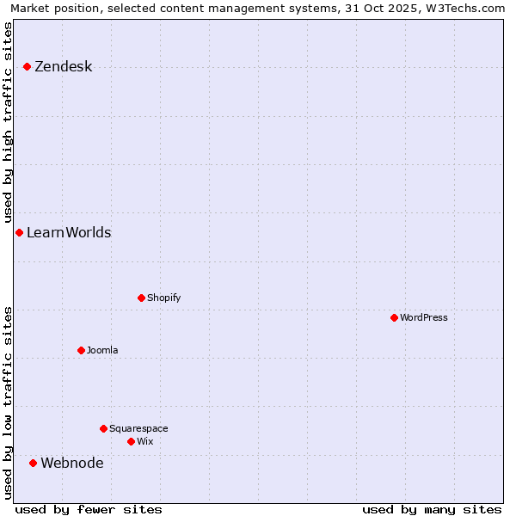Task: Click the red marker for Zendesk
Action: (28, 66)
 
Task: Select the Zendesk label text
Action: (63, 67)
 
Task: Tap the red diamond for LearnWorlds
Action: (19, 232)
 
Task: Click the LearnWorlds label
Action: (69, 233)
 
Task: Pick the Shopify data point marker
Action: (141, 298)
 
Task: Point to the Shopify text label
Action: (163, 298)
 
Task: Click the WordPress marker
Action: (394, 317)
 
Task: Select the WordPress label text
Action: (423, 317)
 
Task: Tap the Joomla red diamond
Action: (81, 350)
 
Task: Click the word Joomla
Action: (102, 350)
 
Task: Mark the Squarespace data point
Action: (103, 428)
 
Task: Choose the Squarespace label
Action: (138, 428)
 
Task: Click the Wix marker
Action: (131, 441)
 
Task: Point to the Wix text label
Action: (144, 441)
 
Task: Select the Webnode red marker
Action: (34, 463)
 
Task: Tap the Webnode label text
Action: (72, 464)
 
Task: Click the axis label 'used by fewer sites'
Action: (89, 509)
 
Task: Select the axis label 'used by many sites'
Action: (432, 509)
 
